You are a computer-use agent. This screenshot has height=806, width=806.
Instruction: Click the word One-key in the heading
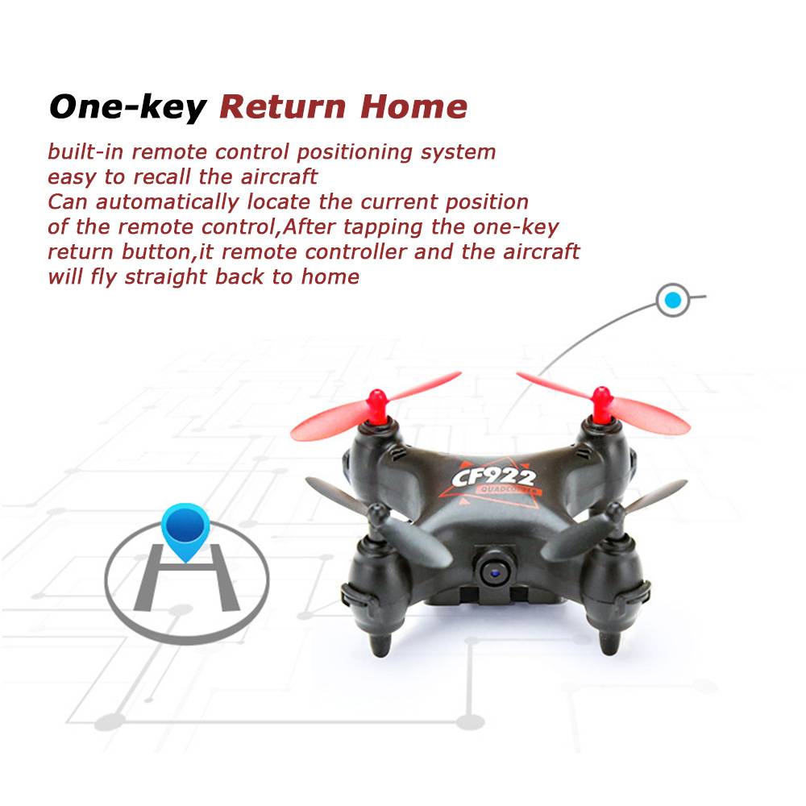pos(127,107)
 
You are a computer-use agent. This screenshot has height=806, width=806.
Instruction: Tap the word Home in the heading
pos(413,106)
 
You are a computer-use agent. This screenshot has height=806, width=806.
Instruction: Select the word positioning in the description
pos(355,152)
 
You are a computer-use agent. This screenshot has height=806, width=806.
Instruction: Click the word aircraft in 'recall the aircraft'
pos(279,177)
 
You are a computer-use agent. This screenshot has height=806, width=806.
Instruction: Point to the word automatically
pos(168,202)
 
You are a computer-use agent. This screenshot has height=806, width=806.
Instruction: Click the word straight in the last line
pos(166,277)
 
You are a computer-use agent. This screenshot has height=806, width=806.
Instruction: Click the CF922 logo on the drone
pos(493,477)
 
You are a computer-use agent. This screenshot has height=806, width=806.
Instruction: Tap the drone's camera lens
pos(495,570)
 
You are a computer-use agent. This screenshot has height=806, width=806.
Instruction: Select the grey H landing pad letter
pos(187,578)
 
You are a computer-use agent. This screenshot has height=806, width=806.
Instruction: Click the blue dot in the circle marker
pos(673,300)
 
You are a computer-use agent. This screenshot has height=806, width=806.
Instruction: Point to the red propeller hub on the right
pos(600,405)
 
